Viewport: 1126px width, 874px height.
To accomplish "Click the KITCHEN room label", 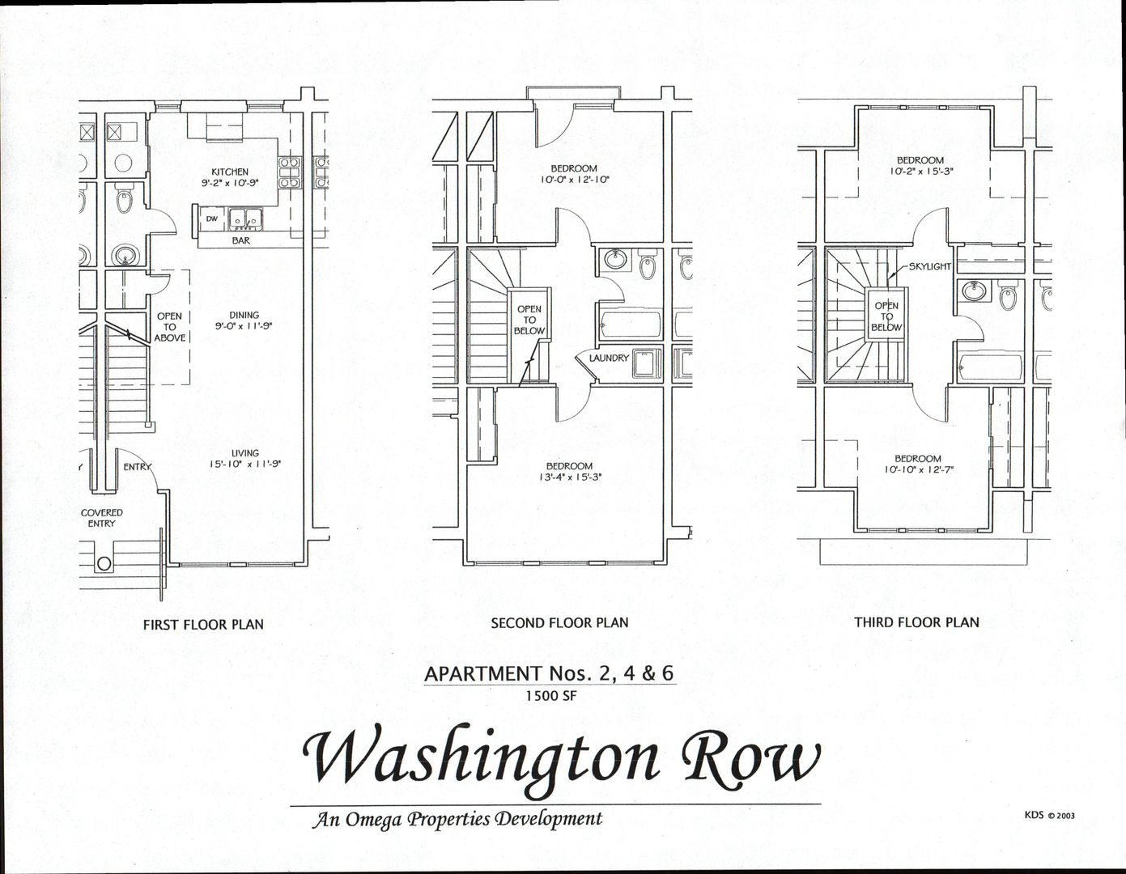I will pos(230,172).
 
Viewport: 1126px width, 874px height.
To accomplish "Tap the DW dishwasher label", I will pos(211,218).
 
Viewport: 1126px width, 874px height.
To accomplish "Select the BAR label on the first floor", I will pos(240,240).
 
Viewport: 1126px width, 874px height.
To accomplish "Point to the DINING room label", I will pos(244,316).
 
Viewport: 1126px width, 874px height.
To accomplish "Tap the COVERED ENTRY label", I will pos(102,518).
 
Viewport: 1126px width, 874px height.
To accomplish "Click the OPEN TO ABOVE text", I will pos(169,327).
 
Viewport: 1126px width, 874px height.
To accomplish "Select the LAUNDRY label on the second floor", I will pos(609,358).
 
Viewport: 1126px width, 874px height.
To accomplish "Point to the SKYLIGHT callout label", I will pos(929,266).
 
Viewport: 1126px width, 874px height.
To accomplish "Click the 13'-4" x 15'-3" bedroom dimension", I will pos(568,477).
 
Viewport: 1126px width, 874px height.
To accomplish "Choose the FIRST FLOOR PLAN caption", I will pos(203,624).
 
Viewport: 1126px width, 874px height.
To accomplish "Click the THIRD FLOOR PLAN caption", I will pos(916,622).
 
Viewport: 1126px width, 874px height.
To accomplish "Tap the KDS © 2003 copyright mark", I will pos(1050,815).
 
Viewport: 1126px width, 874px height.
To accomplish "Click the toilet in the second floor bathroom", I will pos(648,266).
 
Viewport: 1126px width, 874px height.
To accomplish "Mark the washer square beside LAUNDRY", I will pos(645,363).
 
